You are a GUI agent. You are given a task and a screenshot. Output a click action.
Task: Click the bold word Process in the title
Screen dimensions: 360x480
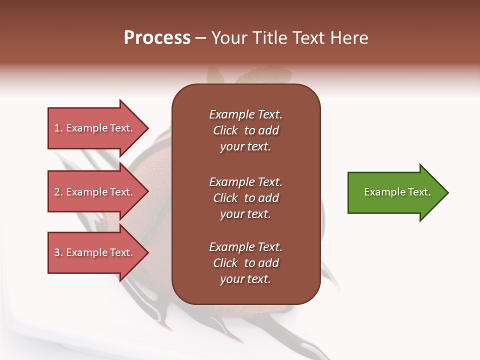pos(157,38)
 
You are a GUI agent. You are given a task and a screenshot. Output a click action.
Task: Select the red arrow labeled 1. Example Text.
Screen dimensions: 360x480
pos(95,128)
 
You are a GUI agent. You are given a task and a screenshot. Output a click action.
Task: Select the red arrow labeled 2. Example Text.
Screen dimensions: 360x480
pos(95,192)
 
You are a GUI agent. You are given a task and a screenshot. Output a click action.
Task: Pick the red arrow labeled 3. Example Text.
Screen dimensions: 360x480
pos(95,252)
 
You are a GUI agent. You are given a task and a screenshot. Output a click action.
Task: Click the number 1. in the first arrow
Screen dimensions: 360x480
pos(58,128)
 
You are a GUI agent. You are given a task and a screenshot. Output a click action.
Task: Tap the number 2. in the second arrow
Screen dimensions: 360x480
pos(58,192)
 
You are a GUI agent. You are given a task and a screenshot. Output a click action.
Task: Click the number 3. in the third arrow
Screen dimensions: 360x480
pos(58,252)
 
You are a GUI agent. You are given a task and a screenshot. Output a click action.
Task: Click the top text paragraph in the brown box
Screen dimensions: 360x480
pos(245,130)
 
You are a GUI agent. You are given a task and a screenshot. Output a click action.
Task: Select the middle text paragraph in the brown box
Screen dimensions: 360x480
pos(245,198)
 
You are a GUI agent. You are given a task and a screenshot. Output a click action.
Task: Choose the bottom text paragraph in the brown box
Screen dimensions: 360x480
pos(245,263)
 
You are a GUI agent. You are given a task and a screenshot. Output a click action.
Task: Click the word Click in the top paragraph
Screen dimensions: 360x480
pos(225,130)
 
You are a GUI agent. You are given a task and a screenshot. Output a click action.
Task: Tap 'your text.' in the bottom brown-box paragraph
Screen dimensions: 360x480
pos(245,279)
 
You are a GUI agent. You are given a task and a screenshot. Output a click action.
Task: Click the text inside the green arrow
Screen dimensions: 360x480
pos(397,192)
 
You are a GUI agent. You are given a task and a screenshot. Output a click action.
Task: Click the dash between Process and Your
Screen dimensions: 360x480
pos(200,38)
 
